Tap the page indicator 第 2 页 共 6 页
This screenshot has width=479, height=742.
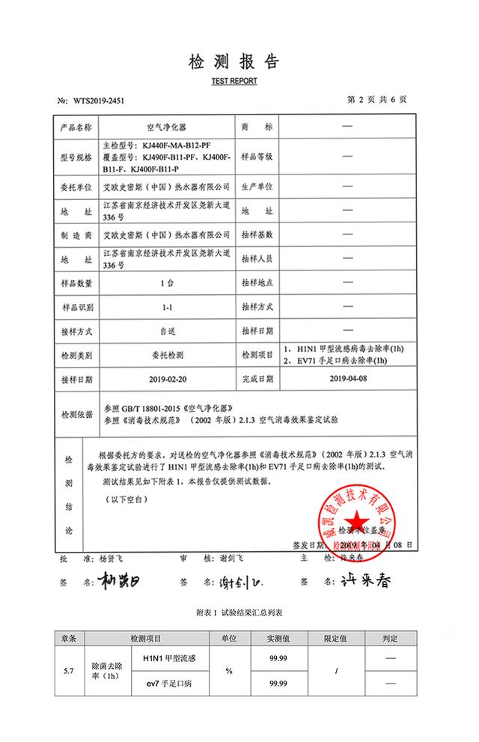pyautogui.click(x=378, y=100)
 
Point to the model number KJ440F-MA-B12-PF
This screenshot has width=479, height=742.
pyautogui.click(x=178, y=143)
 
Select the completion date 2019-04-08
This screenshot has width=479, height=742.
pyautogui.click(x=347, y=380)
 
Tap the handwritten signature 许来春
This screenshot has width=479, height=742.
pyautogui.click(x=357, y=581)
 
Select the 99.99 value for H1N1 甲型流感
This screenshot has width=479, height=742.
pyautogui.click(x=278, y=657)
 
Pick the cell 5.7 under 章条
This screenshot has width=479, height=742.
pyautogui.click(x=69, y=670)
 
